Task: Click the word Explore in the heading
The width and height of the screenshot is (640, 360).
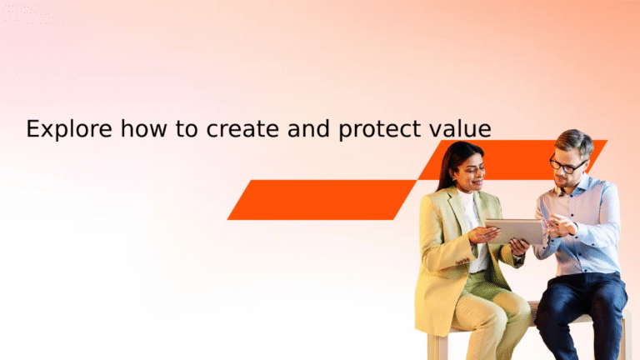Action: point(69,129)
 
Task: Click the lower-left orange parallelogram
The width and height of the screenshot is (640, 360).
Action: point(321,199)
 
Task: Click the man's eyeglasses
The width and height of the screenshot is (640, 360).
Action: point(567,165)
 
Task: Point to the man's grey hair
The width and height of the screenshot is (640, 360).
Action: point(574,141)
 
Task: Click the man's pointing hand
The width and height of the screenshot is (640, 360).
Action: point(560,223)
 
